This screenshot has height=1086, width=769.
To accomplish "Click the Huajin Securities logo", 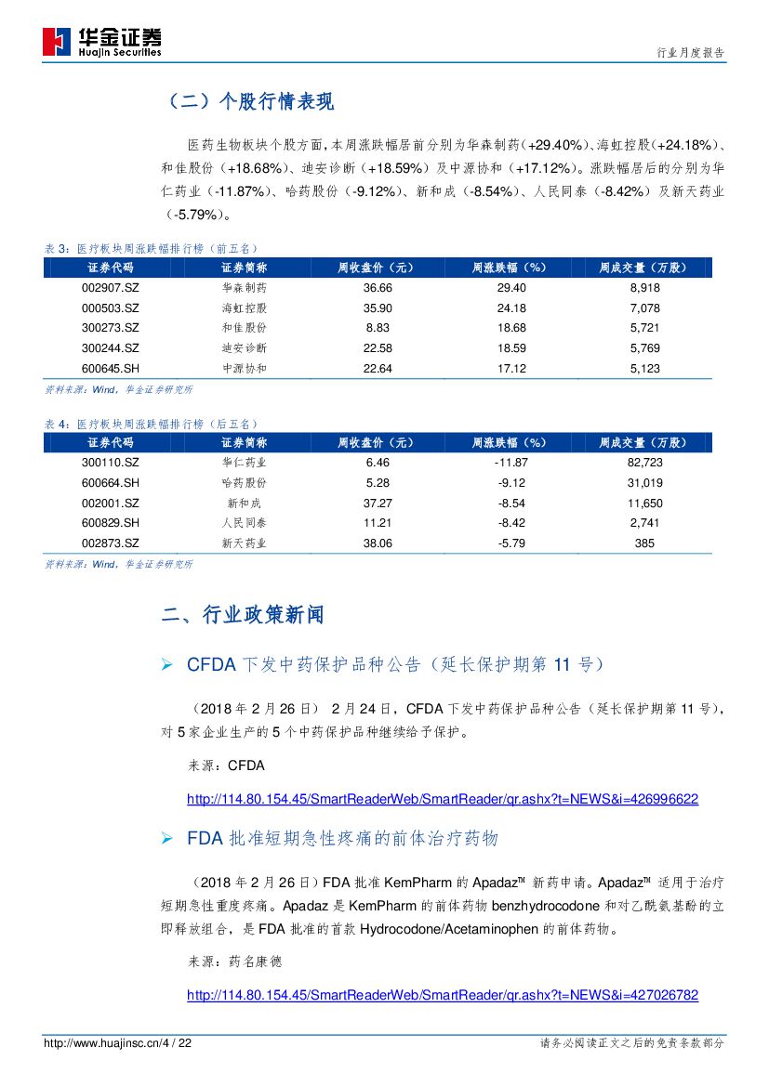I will point(101,42).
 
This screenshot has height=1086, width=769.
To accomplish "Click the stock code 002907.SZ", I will point(110,288).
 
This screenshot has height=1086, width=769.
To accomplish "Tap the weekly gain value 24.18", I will point(511,307).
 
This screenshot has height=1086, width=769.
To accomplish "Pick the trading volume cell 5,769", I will point(644,348).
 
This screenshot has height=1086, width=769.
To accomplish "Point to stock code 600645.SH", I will point(110,368).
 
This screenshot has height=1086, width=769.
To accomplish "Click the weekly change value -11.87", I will point(511,462).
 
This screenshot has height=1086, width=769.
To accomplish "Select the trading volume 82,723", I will point(644,462).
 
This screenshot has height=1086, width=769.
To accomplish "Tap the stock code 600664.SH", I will point(110,482).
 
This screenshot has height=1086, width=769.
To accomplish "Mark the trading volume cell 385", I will point(644,543).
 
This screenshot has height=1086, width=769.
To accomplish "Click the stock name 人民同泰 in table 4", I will point(244,523).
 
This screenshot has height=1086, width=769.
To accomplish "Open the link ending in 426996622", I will point(443,799).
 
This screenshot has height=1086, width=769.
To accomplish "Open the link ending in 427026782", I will point(443,995).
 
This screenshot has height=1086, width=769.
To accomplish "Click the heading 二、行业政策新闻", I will point(243,615).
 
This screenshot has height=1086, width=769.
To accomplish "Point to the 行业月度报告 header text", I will point(683,53).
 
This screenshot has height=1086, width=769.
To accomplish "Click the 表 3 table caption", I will point(152,248).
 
